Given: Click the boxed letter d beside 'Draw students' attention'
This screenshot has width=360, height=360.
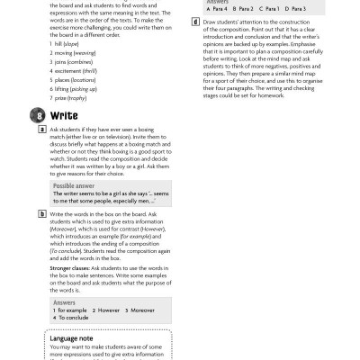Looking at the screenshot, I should coord(195,21).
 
